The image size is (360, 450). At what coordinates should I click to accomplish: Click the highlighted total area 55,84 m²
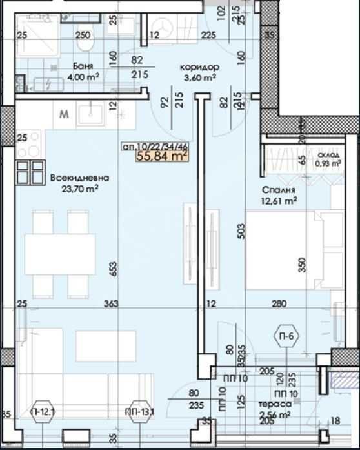pyautogui.click(x=161, y=155)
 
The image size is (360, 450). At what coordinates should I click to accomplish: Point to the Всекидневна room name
pyautogui.click(x=79, y=178)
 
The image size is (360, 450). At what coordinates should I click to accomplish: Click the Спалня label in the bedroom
pyautogui.click(x=279, y=190)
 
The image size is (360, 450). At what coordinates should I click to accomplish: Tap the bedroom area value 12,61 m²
pyautogui.click(x=279, y=201)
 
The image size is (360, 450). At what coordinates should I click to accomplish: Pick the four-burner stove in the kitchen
pyautogui.click(x=28, y=172)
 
